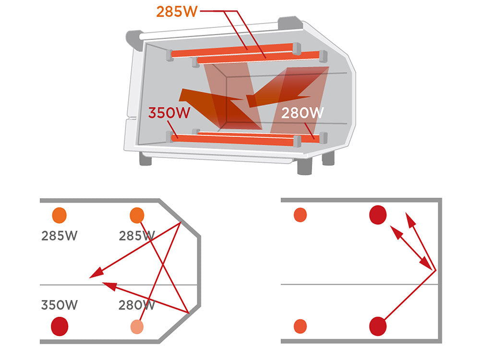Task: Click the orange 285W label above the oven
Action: click(177, 12)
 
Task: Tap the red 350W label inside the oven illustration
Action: click(168, 114)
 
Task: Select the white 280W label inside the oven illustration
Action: click(302, 114)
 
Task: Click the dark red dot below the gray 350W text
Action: click(60, 326)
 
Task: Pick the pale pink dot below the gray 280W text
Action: click(137, 326)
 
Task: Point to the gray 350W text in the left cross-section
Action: click(59, 305)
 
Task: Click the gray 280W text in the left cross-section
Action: click(136, 305)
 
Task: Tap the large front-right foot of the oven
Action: click(306, 166)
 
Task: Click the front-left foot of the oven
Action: click(145, 159)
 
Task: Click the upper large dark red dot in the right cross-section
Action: click(378, 215)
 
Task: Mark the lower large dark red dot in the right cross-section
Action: click(378, 326)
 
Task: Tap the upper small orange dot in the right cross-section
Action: click(300, 215)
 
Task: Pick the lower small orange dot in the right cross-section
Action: click(300, 326)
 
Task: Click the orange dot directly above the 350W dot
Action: click(59, 215)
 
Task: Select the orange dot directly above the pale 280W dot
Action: click(137, 215)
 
